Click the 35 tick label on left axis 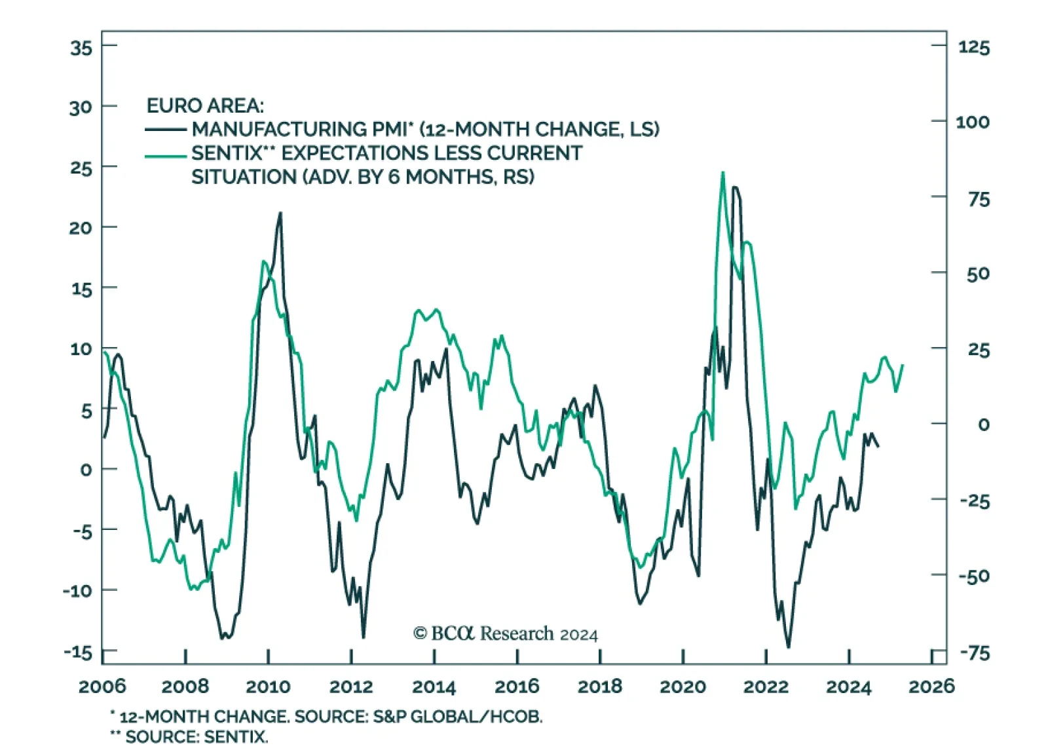[x=81, y=47]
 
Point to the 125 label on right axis [x=973, y=47]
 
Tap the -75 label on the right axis [x=975, y=653]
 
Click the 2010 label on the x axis [x=268, y=687]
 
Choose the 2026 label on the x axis [x=931, y=687]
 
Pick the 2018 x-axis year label [x=599, y=687]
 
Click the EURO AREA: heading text [x=205, y=105]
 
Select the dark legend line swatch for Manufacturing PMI [x=166, y=130]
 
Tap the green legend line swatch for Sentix [x=166, y=155]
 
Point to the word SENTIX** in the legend [x=233, y=153]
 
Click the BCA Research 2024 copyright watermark [x=505, y=633]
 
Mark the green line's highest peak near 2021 [x=722, y=173]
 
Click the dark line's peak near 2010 [x=280, y=213]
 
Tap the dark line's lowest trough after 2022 [x=788, y=647]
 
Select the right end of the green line [x=903, y=366]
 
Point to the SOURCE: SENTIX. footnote [x=196, y=737]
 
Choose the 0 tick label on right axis [x=983, y=424]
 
